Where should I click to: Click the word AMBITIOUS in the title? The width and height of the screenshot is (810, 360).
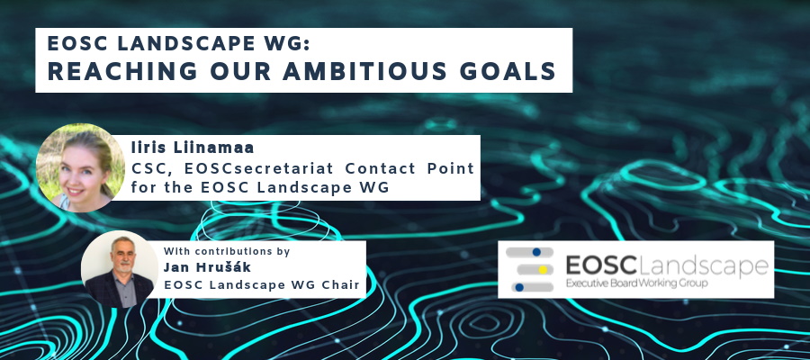[x=364, y=71]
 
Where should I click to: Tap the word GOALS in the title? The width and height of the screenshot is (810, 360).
[x=508, y=71]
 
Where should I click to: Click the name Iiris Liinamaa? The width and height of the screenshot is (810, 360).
[x=193, y=148]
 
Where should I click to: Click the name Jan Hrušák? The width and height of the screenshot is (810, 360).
[x=207, y=267]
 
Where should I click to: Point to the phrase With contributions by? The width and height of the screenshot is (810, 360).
[x=227, y=251]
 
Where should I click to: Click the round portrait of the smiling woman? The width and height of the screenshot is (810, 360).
[x=81, y=168]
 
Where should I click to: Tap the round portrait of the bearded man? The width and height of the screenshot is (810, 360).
[x=120, y=269]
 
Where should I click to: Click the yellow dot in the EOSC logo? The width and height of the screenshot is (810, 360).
[x=543, y=270]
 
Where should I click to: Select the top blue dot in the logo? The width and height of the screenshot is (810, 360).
[x=536, y=252]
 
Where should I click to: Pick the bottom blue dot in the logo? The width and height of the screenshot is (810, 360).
[x=519, y=287]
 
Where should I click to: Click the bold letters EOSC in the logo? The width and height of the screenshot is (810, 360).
[x=601, y=265]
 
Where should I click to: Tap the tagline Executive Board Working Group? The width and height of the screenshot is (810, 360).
[x=636, y=283]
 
